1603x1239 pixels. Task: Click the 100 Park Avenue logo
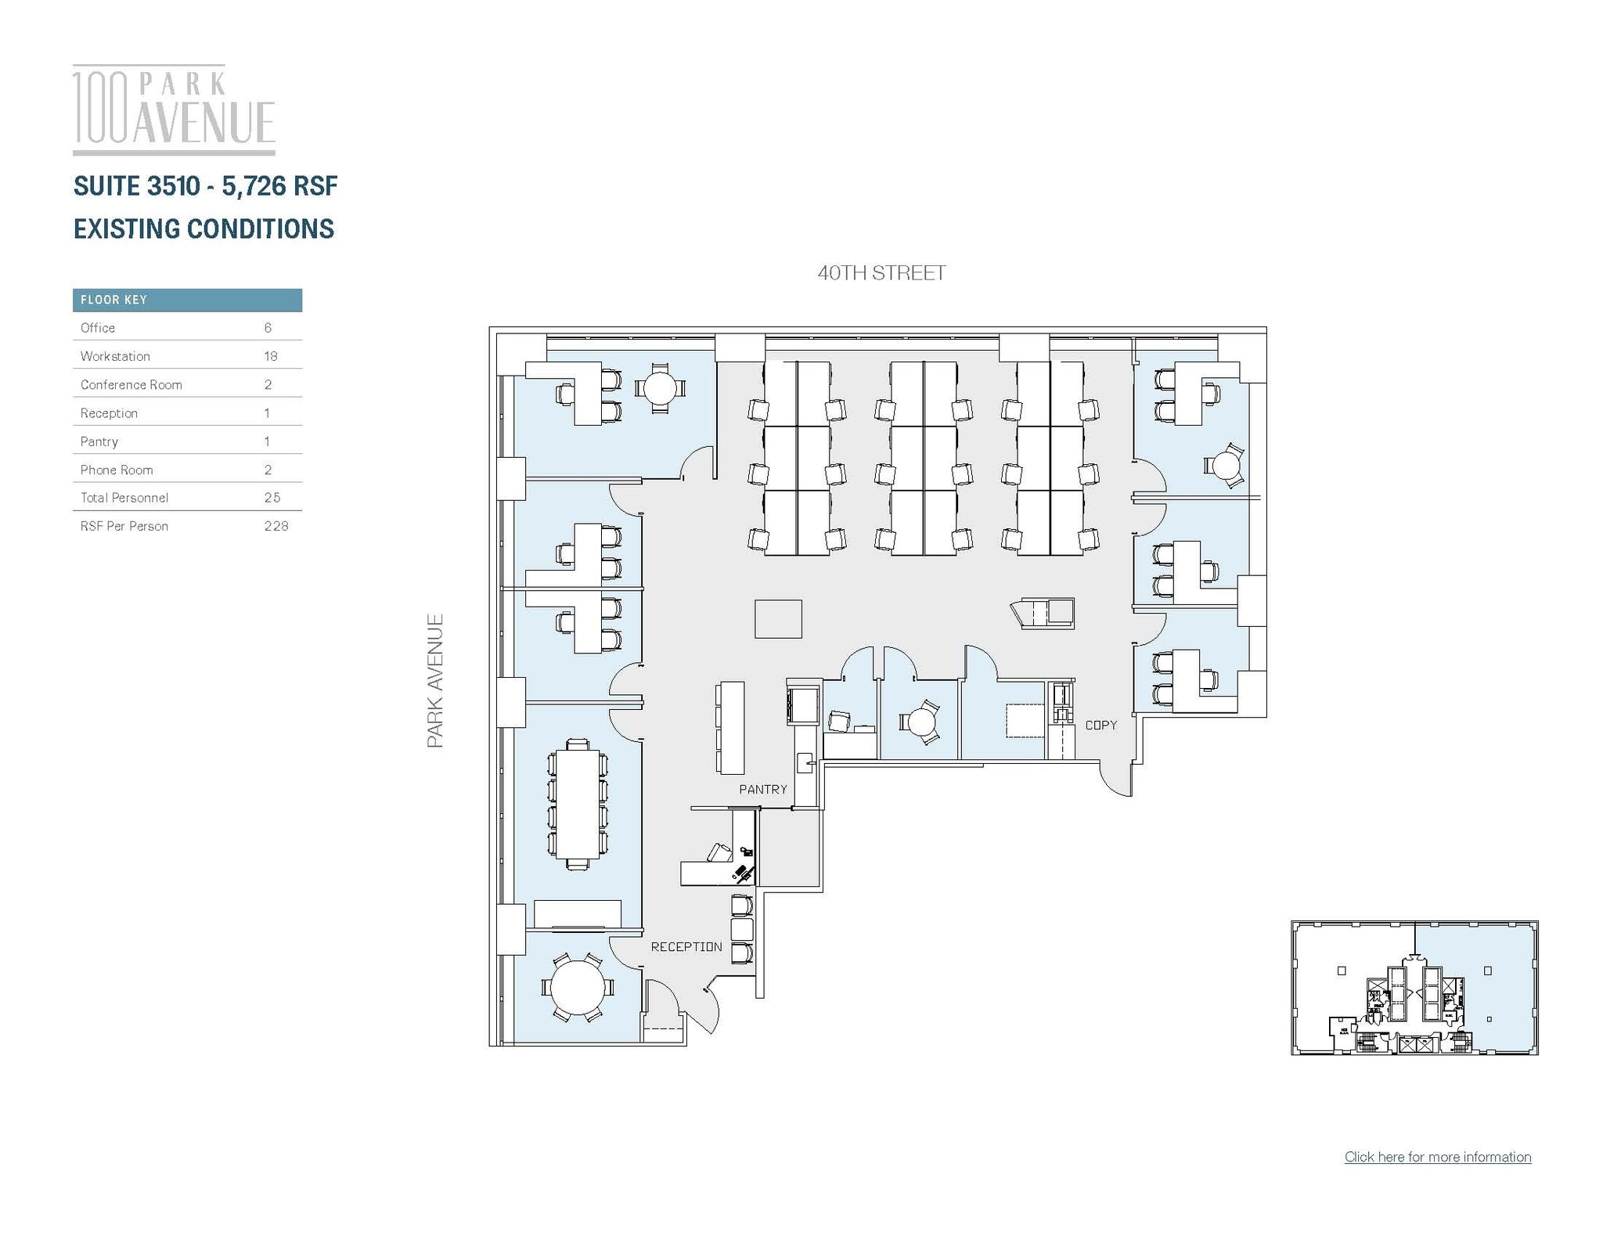(174, 109)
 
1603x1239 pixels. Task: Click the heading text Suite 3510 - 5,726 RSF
(205, 186)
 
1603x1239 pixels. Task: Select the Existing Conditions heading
(204, 229)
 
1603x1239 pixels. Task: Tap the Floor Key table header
(187, 300)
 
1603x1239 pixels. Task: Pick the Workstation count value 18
(271, 356)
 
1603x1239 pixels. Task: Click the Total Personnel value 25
(272, 498)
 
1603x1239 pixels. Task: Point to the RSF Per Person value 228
(276, 526)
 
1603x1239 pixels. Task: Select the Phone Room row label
(117, 470)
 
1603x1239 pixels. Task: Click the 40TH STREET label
(881, 273)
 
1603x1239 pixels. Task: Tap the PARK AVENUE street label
(435, 680)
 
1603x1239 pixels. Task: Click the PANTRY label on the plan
(762, 789)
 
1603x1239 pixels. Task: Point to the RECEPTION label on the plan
(686, 946)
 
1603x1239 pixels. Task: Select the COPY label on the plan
(1100, 725)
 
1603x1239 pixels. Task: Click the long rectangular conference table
(578, 804)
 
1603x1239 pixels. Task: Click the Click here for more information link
(1437, 1157)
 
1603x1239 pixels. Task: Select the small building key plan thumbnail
(1414, 988)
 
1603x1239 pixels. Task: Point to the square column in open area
(778, 618)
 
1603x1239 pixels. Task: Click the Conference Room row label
(131, 384)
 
